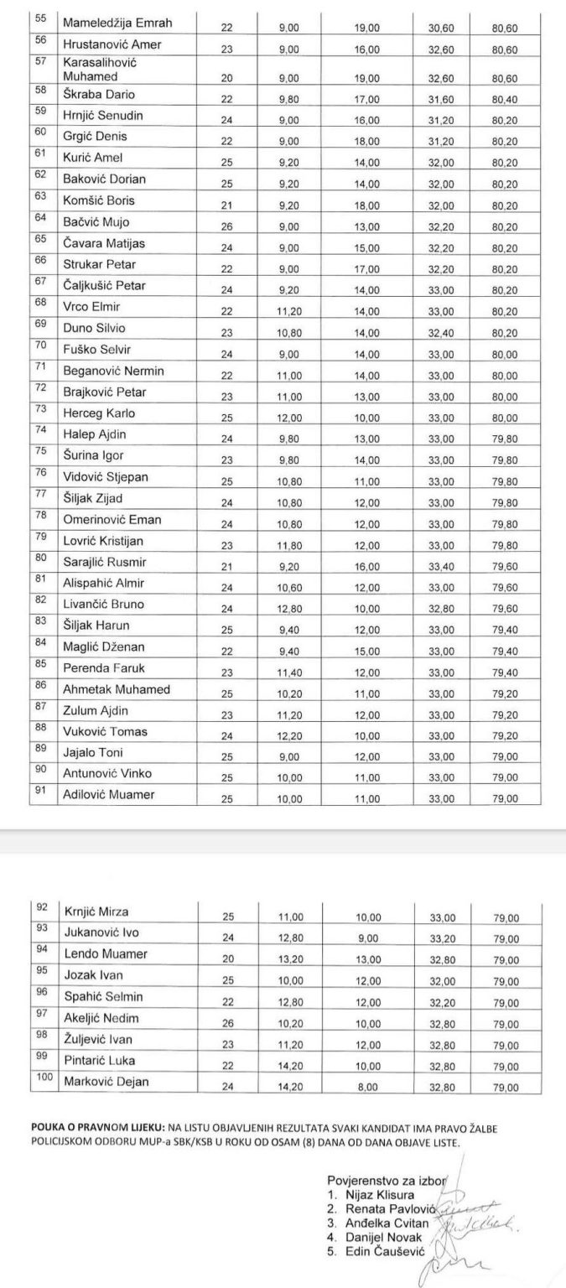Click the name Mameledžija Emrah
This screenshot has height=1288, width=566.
[x=117, y=23]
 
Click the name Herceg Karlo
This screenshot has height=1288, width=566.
[x=98, y=413]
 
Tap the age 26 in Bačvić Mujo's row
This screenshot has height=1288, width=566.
[x=226, y=224]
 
